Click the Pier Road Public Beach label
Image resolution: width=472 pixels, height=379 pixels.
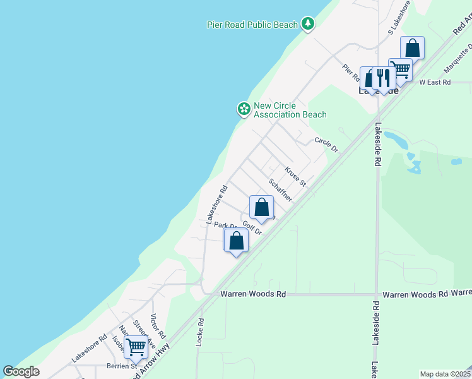pyautogui.click(x=252, y=25)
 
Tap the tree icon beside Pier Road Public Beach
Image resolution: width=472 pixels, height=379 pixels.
pyautogui.click(x=308, y=24)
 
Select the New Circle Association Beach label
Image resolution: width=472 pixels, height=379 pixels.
pyautogui.click(x=290, y=110)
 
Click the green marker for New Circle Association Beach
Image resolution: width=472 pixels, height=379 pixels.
pyautogui.click(x=243, y=109)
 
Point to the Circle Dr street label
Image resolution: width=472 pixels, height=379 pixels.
pyautogui.click(x=326, y=145)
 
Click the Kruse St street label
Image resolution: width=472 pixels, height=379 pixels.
pyautogui.click(x=295, y=177)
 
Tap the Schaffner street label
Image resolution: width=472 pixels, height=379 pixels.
pyautogui.click(x=280, y=189)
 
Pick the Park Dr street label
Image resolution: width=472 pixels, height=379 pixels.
pyautogui.click(x=225, y=225)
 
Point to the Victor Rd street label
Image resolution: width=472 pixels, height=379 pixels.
pyautogui.click(x=158, y=325)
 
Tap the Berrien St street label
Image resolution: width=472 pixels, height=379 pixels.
pyautogui.click(x=125, y=366)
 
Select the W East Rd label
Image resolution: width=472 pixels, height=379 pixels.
pyautogui.click(x=435, y=82)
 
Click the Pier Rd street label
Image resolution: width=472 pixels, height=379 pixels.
pyautogui.click(x=351, y=74)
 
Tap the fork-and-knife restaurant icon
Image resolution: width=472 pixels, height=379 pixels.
pyautogui.click(x=383, y=77)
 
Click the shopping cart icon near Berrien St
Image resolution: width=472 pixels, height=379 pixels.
pyautogui.click(x=136, y=346)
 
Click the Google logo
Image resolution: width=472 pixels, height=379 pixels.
pyautogui.click(x=21, y=371)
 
